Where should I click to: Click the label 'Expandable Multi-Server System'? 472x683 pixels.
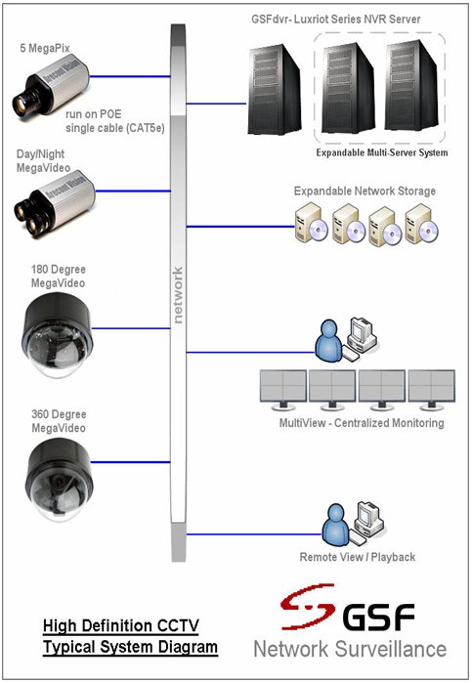(382, 153)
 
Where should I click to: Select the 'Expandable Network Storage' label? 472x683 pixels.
(365, 191)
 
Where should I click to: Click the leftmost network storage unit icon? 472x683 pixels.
(306, 225)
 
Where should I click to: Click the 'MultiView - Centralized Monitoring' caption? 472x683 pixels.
(362, 423)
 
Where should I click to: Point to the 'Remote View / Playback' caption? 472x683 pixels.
(358, 557)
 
